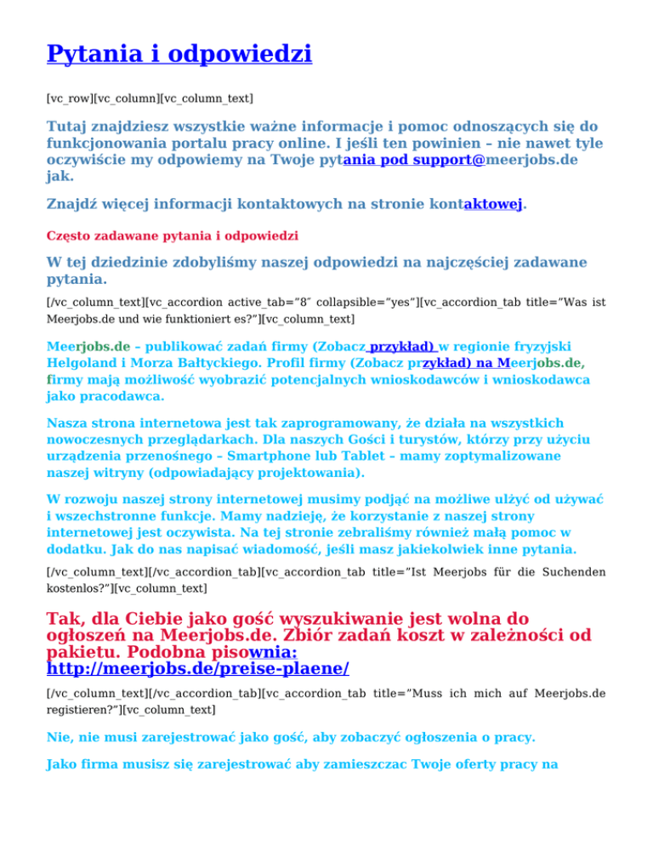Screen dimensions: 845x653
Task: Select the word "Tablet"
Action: tap(383, 456)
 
